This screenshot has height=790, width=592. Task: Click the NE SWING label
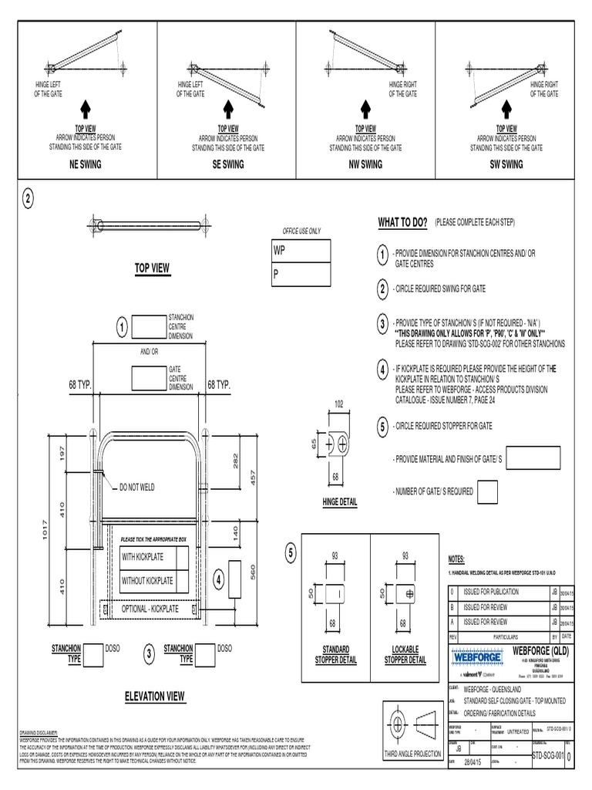(88, 164)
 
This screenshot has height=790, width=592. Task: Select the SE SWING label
(227, 164)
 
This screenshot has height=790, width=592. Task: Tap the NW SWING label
(365, 164)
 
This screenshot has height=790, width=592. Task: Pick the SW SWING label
(506, 164)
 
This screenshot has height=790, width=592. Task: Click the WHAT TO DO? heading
(402, 222)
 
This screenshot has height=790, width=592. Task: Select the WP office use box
(300, 252)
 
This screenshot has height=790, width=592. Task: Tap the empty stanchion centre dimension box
(149, 327)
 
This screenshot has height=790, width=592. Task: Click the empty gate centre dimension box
(149, 378)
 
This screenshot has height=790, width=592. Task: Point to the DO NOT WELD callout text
(138, 488)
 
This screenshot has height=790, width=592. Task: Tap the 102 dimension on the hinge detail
(338, 403)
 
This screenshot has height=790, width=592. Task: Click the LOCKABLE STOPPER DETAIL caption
(405, 655)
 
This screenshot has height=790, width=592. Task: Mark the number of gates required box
(487, 491)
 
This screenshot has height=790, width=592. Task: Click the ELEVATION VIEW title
(155, 697)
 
